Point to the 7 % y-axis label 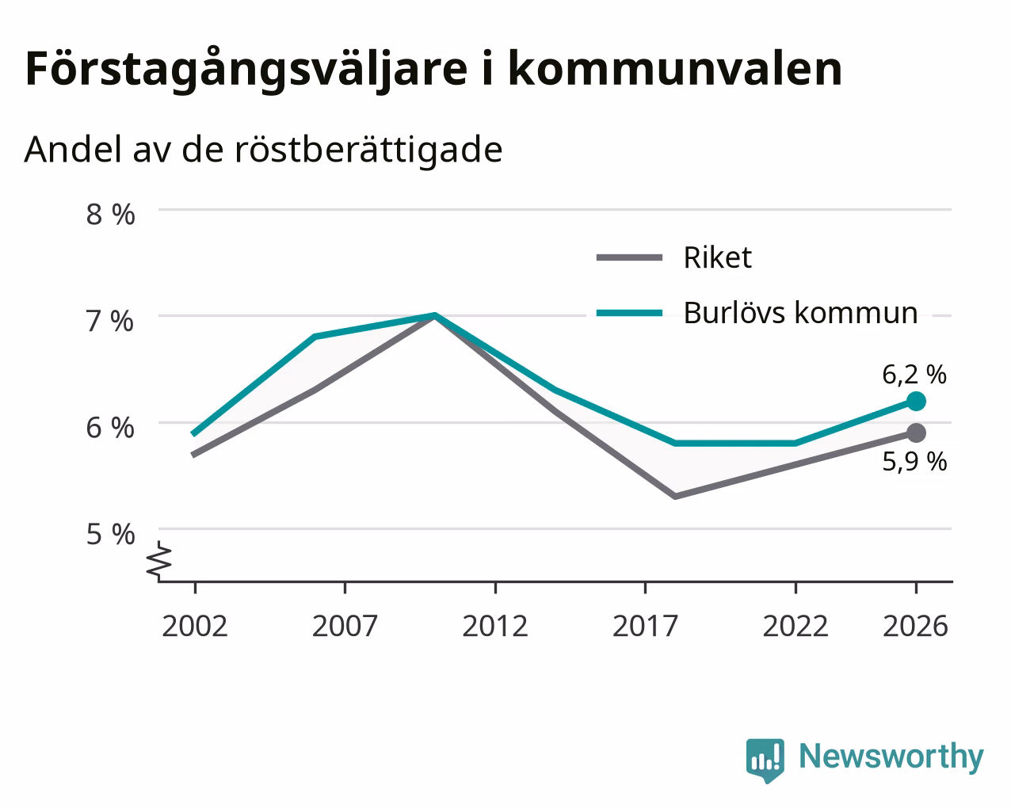[x=110, y=322]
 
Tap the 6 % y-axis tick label [x=110, y=428]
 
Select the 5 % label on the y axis [x=110, y=535]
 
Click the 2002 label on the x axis [x=194, y=626]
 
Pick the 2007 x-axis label [x=345, y=626]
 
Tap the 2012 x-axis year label [x=495, y=626]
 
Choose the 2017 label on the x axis [x=645, y=626]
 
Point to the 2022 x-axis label [x=795, y=626]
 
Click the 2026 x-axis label [x=916, y=626]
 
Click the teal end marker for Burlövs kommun [x=916, y=401]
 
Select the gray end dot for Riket [x=916, y=433]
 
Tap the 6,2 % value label [x=914, y=375]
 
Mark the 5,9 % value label [x=914, y=462]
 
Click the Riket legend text [x=717, y=257]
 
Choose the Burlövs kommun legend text [x=800, y=312]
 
